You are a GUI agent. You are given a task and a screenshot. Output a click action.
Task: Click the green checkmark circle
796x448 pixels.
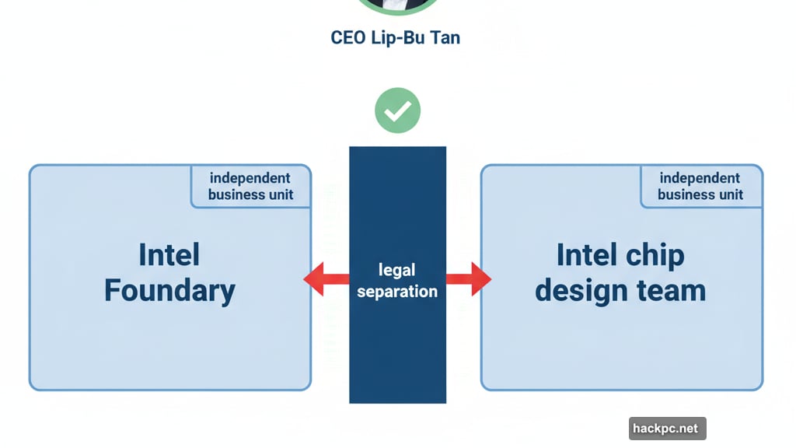[397, 110]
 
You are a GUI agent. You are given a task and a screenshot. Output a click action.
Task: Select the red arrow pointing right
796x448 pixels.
[471, 279]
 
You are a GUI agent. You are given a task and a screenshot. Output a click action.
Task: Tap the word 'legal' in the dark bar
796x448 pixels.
[397, 270]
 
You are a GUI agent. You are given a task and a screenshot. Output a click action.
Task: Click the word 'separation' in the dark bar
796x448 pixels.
[397, 292]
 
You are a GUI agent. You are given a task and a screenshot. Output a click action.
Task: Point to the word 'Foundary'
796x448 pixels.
[169, 290]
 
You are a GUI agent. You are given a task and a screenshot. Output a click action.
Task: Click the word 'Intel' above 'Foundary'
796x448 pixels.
[169, 254]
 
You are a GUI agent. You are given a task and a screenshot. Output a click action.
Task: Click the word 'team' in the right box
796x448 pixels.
[670, 290]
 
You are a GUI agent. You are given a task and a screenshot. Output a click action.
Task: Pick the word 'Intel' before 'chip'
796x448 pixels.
[588, 254]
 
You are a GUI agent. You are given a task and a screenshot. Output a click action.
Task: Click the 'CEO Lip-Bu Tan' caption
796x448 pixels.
[396, 37]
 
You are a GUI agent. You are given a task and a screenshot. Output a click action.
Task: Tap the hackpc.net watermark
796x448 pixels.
[667, 428]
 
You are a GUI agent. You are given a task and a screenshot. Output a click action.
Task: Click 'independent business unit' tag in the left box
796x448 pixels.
[251, 187]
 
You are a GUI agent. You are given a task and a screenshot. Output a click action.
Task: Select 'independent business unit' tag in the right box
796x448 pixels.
[700, 187]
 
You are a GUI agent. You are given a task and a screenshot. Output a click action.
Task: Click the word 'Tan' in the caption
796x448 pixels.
[445, 37]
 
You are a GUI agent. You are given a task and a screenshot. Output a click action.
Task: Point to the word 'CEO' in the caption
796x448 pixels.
[347, 37]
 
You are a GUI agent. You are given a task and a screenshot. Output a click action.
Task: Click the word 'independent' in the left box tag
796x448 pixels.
[250, 178]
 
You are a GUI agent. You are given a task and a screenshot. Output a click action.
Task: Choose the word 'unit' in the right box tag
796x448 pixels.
[730, 194]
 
